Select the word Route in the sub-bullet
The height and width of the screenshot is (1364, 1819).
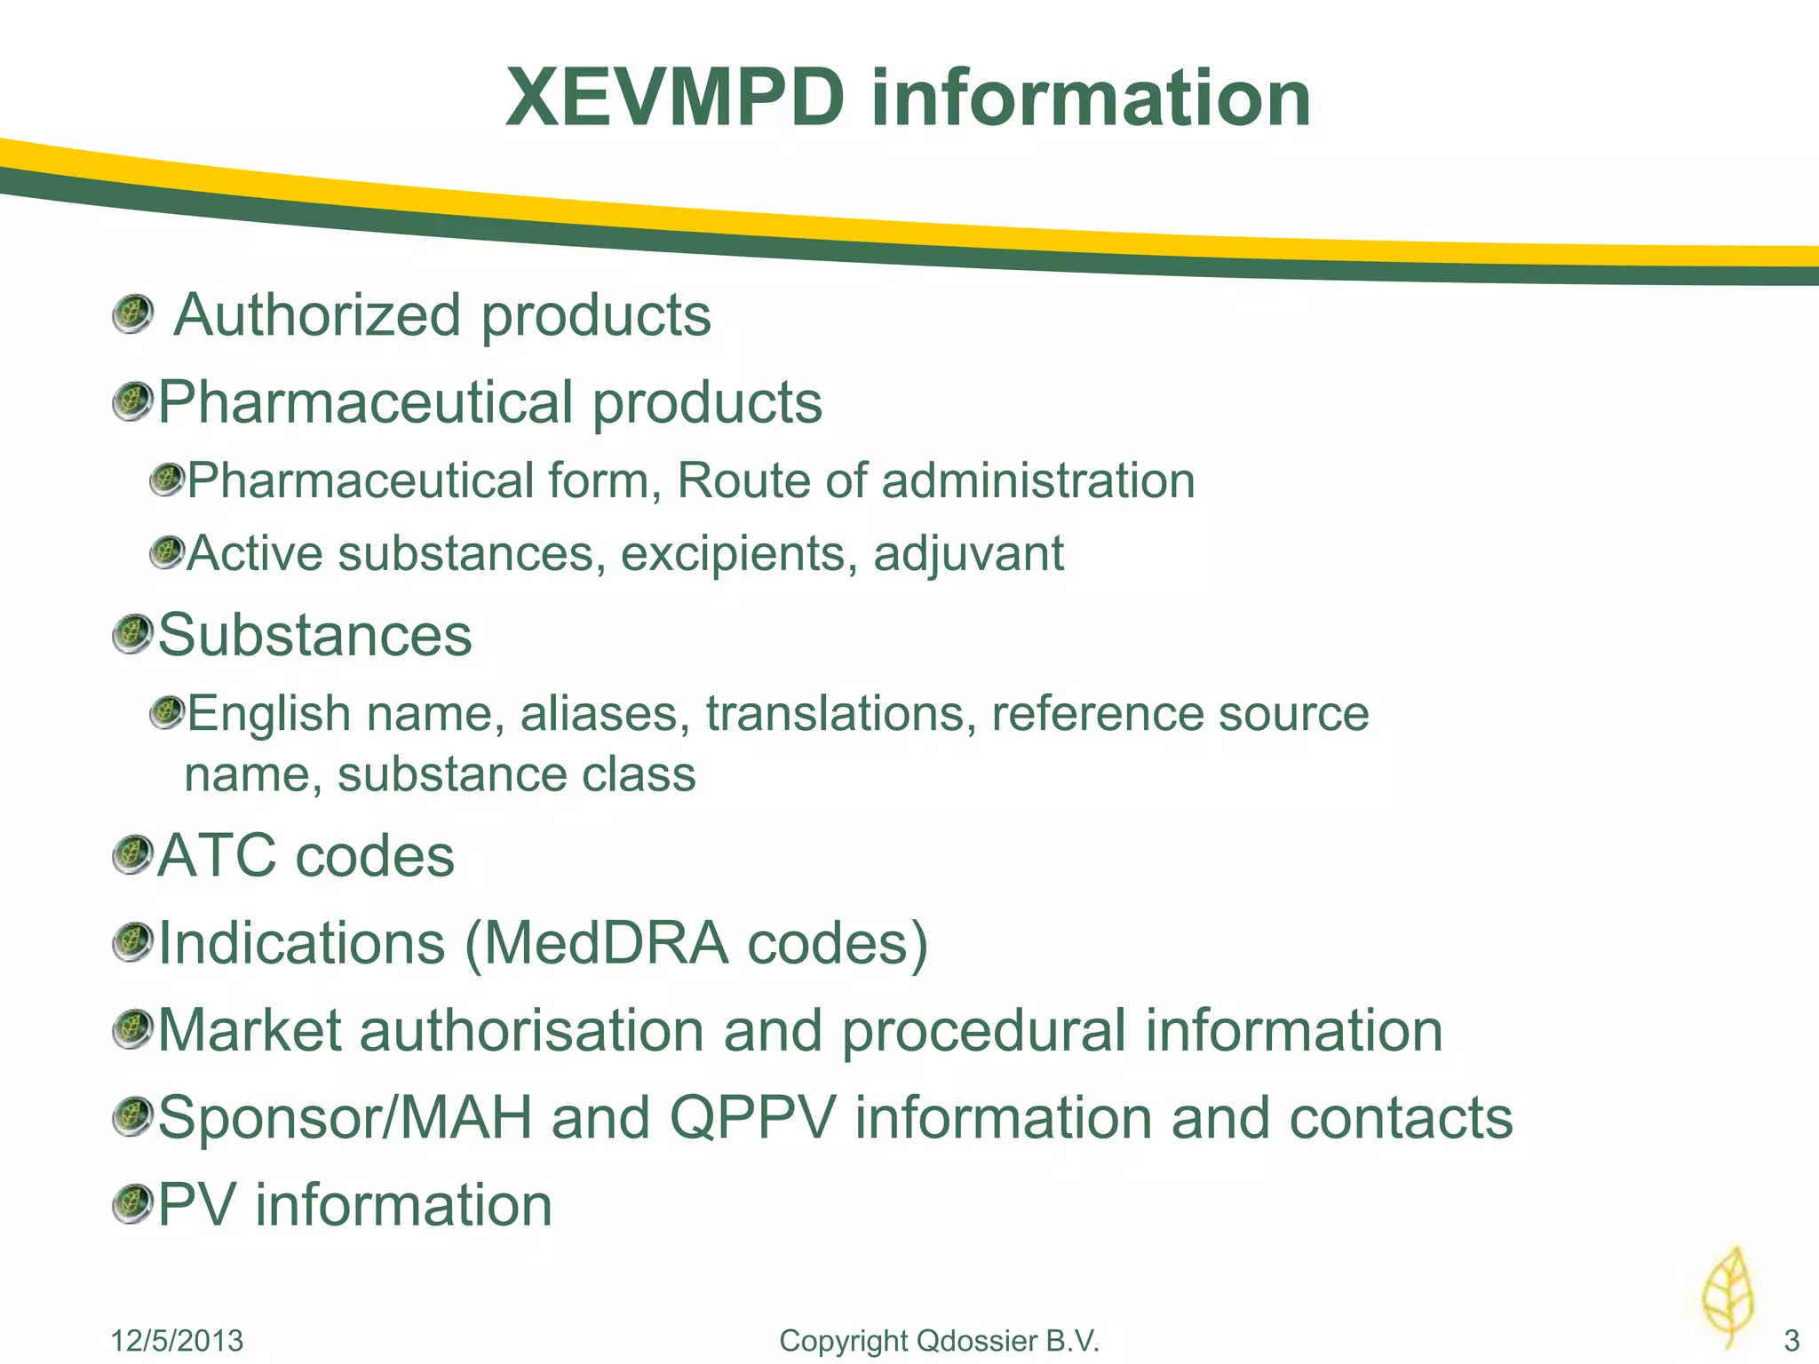tap(743, 481)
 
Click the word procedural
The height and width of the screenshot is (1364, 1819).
tap(983, 1031)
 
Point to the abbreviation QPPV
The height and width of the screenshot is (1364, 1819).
tap(752, 1118)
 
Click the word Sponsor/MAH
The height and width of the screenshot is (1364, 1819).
tap(345, 1118)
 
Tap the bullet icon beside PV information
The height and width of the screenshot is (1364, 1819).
tap(133, 1205)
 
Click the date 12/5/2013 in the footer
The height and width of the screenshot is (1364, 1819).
tap(177, 1340)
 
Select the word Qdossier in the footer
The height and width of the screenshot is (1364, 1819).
tap(976, 1340)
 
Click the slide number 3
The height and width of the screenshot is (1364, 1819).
tap(1791, 1340)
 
